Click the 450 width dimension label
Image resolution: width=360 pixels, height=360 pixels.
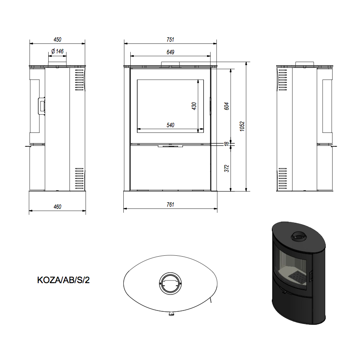point(57,40)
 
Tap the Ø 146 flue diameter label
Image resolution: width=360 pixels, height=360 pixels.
point(57,51)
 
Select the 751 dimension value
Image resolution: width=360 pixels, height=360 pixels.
point(170,40)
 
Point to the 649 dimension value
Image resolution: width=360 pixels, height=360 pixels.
point(170,52)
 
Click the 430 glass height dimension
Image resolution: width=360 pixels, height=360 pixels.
point(194,106)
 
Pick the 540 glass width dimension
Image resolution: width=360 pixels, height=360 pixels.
point(170,125)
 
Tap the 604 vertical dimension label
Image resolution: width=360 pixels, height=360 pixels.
point(227,106)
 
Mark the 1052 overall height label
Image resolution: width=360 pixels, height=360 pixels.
point(242,126)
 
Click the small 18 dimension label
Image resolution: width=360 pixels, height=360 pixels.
point(227,144)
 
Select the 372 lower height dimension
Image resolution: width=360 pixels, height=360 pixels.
point(227,168)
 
